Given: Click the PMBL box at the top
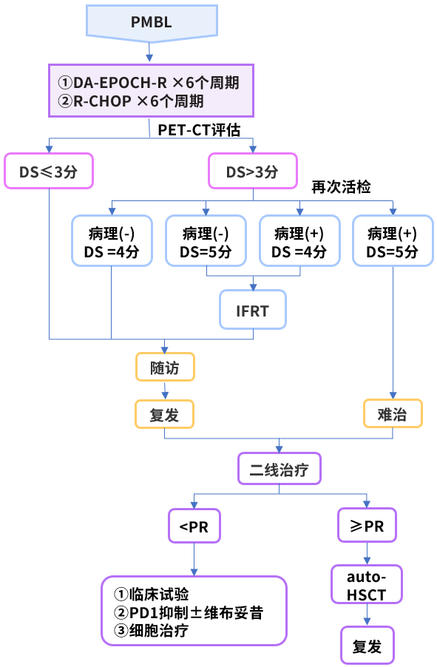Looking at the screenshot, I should click(151, 22).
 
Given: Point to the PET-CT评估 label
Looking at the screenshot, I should click(199, 129).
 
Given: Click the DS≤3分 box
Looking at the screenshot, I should click(49, 171).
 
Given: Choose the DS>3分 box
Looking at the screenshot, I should click(253, 171).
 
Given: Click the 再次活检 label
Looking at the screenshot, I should click(341, 187).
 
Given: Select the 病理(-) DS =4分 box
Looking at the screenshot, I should click(111, 241).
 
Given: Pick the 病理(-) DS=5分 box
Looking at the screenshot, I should click(206, 241).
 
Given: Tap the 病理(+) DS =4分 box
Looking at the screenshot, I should click(299, 241).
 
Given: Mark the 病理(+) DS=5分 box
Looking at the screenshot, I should click(392, 241).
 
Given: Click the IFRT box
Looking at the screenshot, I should click(252, 311).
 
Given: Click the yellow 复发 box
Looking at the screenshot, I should click(164, 413).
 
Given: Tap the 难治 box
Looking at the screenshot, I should click(393, 413).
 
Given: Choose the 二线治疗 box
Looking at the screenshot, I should click(280, 469).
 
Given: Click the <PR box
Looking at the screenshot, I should click(194, 527).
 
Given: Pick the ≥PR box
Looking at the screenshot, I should click(367, 527).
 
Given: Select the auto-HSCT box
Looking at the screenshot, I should click(367, 583).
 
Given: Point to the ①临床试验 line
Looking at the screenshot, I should click(152, 594).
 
